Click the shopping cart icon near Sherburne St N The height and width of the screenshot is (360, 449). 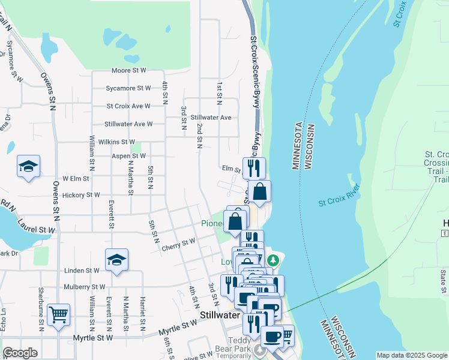58,314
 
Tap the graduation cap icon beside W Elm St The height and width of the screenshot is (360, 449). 28,166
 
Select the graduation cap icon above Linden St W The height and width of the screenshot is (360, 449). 116,260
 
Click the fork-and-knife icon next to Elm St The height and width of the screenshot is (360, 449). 254,167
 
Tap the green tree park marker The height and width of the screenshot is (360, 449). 274,260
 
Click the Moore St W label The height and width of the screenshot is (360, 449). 129,71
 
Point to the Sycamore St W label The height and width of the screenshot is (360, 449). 128,88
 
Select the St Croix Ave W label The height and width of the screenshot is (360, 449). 128,106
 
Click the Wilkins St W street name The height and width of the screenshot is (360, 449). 115,142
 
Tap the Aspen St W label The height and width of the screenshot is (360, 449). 129,156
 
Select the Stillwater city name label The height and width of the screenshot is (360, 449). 220,314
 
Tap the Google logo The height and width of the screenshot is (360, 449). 20,353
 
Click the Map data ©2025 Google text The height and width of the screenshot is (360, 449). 411,355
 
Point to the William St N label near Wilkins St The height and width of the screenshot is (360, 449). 92,154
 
